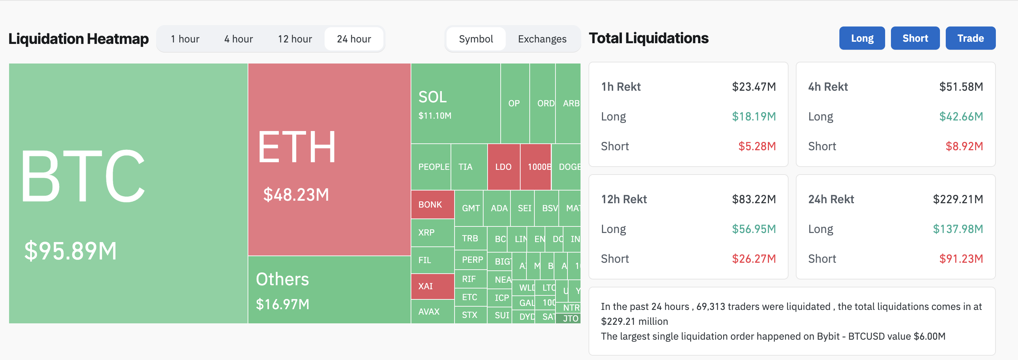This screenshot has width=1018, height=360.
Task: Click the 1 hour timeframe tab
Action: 185,39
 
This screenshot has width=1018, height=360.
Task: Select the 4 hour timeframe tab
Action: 238,39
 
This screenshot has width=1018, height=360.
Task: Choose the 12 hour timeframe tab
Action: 295,39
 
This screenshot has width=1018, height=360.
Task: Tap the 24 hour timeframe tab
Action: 354,39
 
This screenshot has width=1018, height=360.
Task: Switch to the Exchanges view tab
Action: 542,39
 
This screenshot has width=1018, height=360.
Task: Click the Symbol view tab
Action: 476,39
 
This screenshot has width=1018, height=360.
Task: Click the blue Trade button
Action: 970,38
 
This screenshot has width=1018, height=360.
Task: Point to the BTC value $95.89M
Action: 70,250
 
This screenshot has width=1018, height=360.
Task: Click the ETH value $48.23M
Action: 296,195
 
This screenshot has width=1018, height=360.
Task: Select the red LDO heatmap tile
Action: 504,167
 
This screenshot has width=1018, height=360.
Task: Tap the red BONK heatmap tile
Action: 432,204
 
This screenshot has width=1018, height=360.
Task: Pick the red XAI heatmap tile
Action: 432,286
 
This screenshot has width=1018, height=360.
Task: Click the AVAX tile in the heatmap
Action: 432,311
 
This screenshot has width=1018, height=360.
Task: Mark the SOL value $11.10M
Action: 435,116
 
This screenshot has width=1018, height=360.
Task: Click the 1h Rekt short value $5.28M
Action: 757,146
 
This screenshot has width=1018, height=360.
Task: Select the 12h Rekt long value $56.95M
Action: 754,229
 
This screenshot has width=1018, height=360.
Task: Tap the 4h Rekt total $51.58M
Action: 961,86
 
